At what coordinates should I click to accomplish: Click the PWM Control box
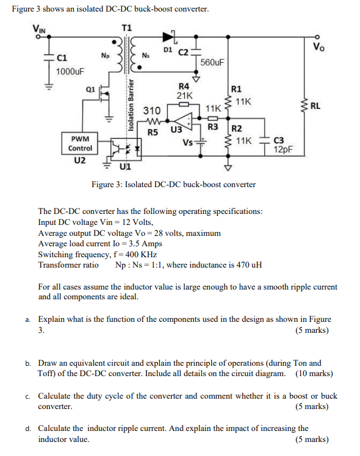point(80,143)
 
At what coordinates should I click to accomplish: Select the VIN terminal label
point(40,27)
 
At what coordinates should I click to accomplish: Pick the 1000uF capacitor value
point(70,72)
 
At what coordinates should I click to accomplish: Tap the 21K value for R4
point(184,96)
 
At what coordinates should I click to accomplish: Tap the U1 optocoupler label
point(125,166)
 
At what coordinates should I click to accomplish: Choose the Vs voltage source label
point(189,143)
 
